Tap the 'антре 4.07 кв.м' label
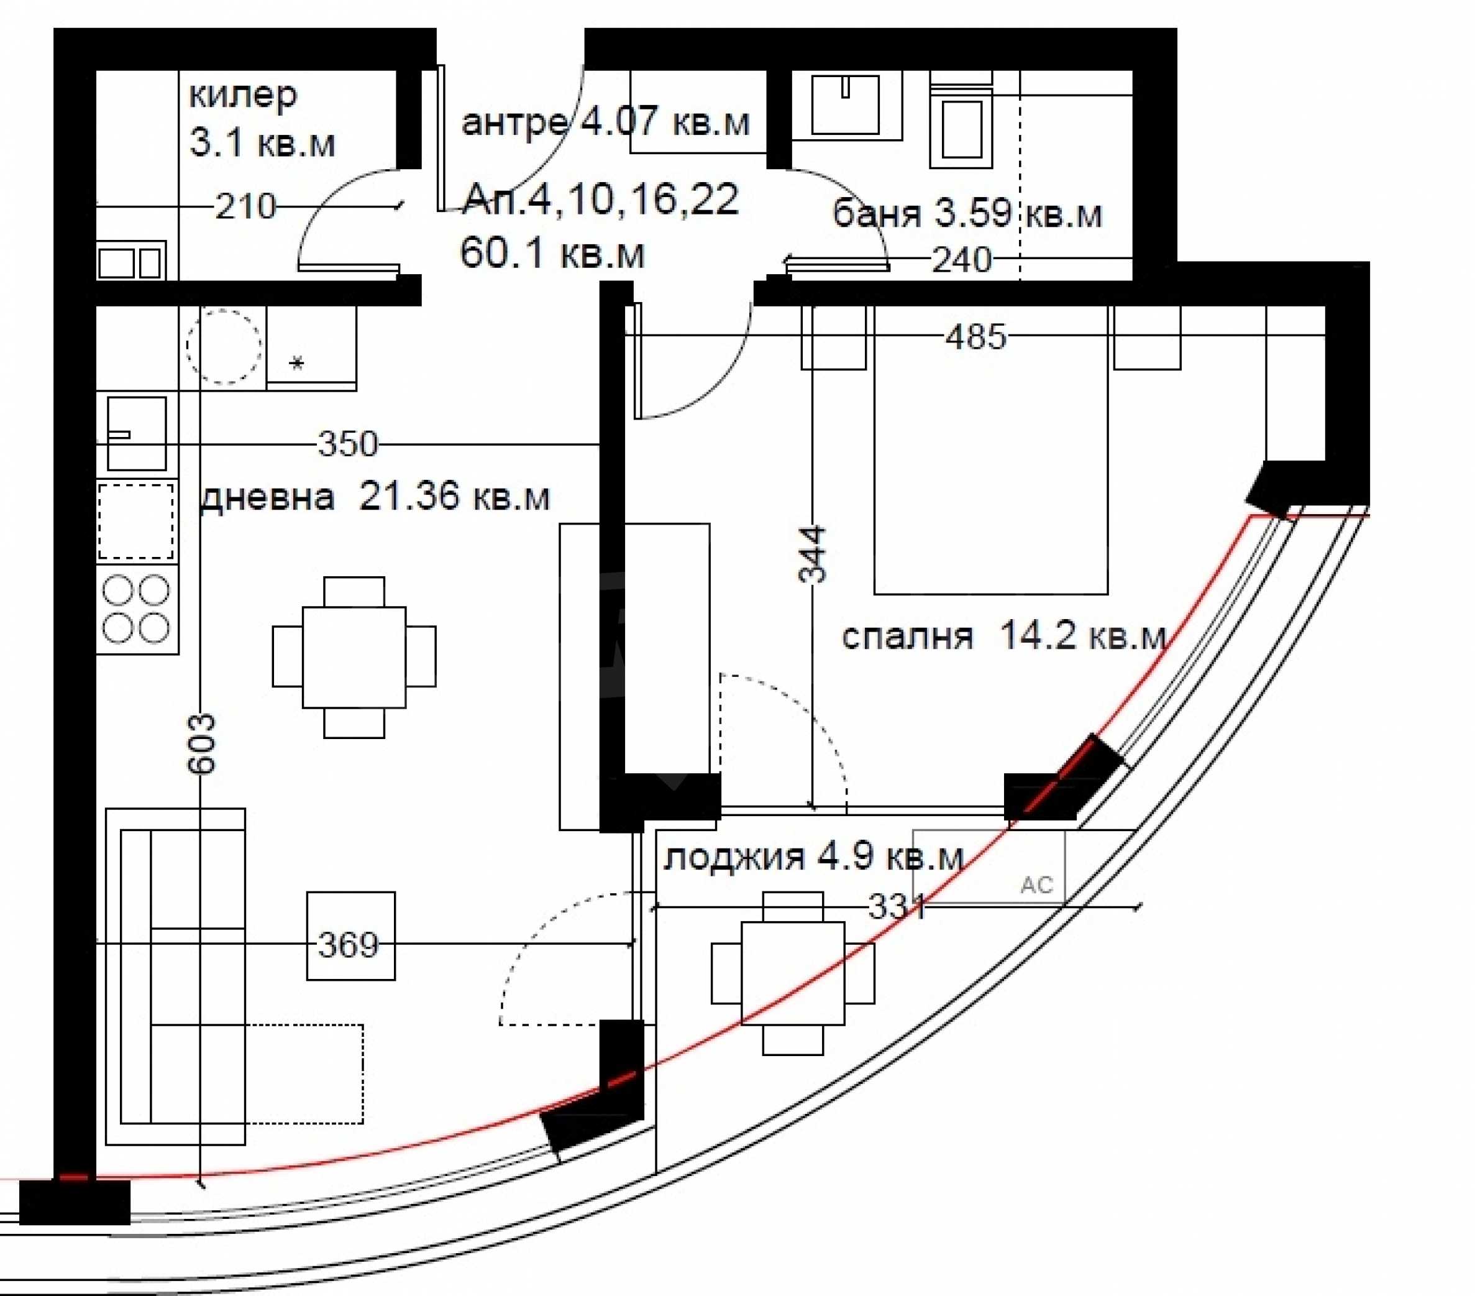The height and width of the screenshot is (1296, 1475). (x=605, y=122)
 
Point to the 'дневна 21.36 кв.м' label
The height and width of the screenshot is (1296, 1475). (x=375, y=497)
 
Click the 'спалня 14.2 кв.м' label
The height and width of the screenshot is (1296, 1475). (x=1004, y=636)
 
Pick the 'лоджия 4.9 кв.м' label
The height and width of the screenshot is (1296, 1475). (x=813, y=857)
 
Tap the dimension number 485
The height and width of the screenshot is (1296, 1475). (x=975, y=336)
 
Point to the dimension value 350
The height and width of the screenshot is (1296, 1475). (x=348, y=444)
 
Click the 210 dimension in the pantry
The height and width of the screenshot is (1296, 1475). (x=246, y=207)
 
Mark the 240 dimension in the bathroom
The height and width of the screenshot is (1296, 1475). (x=962, y=260)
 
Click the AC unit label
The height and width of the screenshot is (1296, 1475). (x=1036, y=885)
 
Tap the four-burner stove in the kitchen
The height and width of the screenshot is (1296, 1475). (x=137, y=609)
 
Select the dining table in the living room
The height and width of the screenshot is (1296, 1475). (x=354, y=657)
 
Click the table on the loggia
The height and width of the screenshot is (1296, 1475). (x=792, y=973)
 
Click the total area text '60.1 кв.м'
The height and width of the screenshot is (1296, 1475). (x=552, y=254)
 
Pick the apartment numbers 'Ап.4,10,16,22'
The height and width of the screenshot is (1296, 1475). (x=600, y=200)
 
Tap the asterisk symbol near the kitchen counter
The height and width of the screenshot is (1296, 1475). (x=296, y=362)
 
